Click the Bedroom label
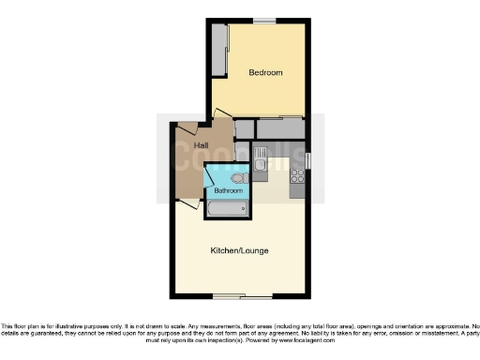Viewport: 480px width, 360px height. click(265, 72)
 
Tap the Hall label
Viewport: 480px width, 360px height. click(202, 145)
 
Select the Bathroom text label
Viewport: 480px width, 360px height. click(228, 190)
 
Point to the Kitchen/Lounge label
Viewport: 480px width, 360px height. click(235, 250)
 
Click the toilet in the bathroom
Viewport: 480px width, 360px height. click(236, 176)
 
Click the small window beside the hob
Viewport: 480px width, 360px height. click(307, 160)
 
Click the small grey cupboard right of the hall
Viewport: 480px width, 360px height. click(245, 129)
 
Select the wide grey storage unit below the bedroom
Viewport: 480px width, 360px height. click(281, 129)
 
